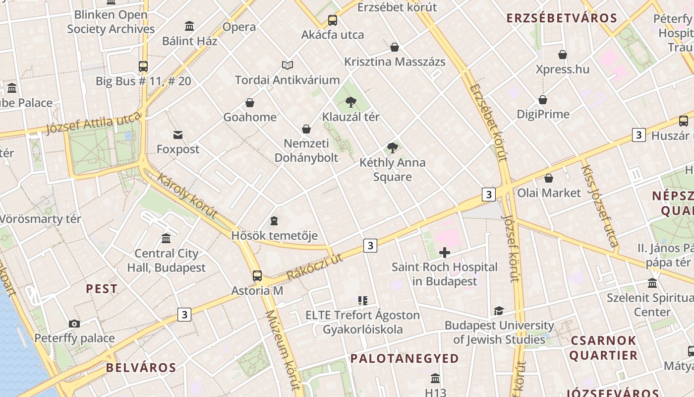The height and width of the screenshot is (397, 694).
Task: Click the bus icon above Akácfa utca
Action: pyautogui.click(x=333, y=20)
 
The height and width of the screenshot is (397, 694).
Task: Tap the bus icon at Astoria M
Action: pyautogui.click(x=257, y=276)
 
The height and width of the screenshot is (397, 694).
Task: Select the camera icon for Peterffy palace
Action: pyautogui.click(x=74, y=324)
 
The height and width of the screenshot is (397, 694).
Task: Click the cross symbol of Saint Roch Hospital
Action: pyautogui.click(x=445, y=253)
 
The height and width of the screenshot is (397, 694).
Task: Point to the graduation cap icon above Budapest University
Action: pyautogui.click(x=499, y=311)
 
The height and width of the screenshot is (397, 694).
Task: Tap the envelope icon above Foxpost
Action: pyautogui.click(x=178, y=135)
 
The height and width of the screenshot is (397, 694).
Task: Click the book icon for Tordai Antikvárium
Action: pyautogui.click(x=288, y=65)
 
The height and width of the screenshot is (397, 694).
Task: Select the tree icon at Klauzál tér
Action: pyautogui.click(x=351, y=102)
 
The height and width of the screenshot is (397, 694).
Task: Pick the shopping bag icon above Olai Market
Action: pyautogui.click(x=549, y=178)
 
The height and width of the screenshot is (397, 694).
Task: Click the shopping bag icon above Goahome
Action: pyautogui.click(x=250, y=103)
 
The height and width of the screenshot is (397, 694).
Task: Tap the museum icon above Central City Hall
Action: pyautogui.click(x=166, y=239)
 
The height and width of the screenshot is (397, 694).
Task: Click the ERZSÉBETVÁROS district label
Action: pyautogui.click(x=562, y=19)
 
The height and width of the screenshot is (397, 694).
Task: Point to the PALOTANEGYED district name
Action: pyautogui.click(x=405, y=358)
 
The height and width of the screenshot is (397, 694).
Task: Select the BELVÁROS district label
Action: pyautogui.click(x=141, y=368)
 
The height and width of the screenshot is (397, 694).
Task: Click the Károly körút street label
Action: pyautogui.click(x=187, y=196)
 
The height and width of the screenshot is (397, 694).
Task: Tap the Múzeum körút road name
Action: pyautogui.click(x=283, y=350)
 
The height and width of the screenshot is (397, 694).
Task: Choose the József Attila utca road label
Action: pyautogui.click(x=94, y=123)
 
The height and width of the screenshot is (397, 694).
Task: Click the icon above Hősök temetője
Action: pyautogui.click(x=274, y=221)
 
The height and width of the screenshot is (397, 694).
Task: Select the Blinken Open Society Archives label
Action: pyautogui.click(x=111, y=22)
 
